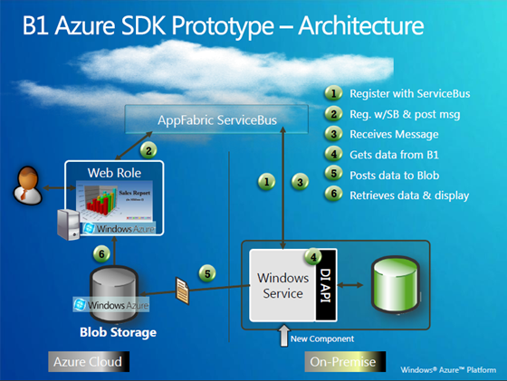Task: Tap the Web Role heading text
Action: point(113,172)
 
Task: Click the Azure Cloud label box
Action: point(84,361)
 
